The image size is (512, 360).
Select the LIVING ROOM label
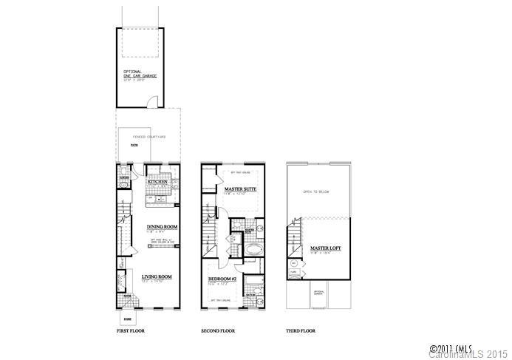point(157,276)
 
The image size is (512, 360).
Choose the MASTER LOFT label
point(325,248)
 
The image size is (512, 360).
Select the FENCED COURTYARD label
point(148,137)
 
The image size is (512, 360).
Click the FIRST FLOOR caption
point(132,330)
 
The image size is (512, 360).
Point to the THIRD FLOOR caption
point(301,330)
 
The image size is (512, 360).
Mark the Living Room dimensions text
point(156,282)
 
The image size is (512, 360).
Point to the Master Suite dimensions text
point(238,194)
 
